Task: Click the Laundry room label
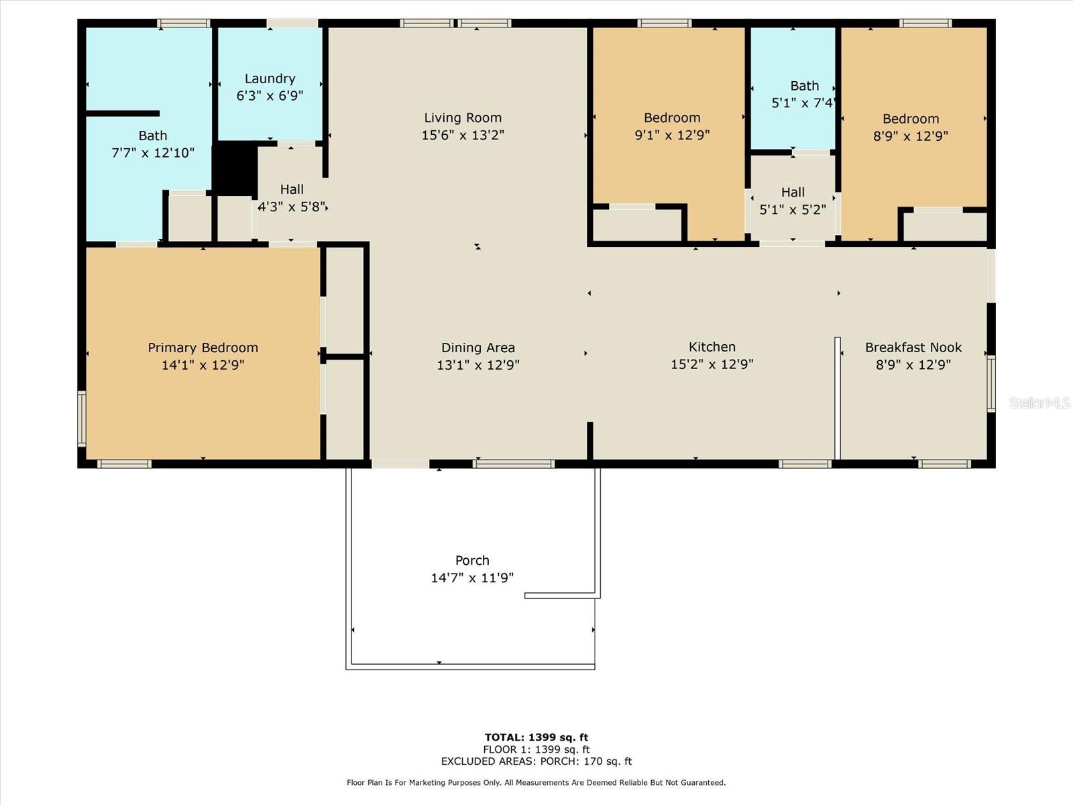270,78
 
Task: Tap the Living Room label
463,118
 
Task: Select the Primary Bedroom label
203,347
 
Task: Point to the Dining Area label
478,347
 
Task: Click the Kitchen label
712,347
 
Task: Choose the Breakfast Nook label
913,347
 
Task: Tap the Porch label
472,560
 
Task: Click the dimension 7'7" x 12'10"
153,153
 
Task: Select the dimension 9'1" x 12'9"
672,135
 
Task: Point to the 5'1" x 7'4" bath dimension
803,103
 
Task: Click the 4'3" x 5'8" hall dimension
292,207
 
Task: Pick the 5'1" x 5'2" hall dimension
793,210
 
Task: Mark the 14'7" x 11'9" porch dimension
472,578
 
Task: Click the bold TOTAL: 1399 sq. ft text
536,737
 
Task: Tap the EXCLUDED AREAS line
536,761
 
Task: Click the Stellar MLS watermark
1039,402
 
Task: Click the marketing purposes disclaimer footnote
536,782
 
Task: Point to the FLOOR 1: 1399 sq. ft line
536,749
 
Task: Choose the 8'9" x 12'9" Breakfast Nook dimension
913,365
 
